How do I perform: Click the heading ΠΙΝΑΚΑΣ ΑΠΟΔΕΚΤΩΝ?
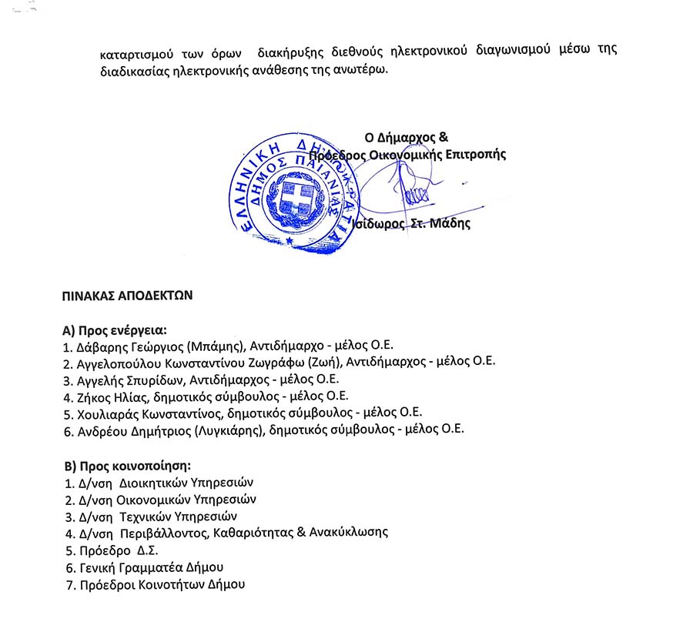click(x=127, y=294)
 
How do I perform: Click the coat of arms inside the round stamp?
click(x=297, y=199)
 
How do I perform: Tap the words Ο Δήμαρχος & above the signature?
click(x=407, y=138)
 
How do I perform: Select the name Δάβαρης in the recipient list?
click(x=99, y=346)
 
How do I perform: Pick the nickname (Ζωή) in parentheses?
click(x=323, y=363)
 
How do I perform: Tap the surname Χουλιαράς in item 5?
click(x=108, y=413)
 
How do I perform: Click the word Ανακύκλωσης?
click(x=348, y=533)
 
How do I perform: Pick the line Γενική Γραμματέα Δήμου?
click(x=151, y=567)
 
